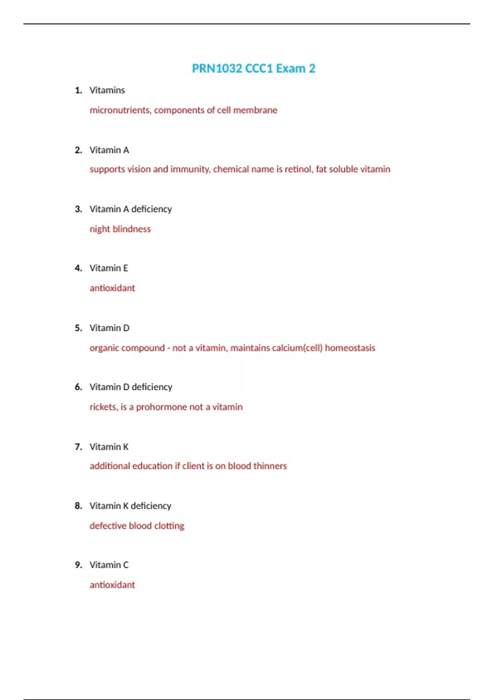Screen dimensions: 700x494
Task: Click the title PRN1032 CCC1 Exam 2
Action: [x=254, y=68]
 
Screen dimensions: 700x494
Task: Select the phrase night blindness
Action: [x=120, y=229]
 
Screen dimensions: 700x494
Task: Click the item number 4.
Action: [x=78, y=268]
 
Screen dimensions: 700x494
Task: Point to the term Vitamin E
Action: [x=109, y=268]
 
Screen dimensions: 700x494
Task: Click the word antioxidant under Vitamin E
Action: [x=112, y=288]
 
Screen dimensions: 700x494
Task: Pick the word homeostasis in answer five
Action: [x=350, y=348]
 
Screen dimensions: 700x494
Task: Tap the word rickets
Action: [x=103, y=407]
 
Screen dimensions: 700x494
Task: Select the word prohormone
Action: [x=161, y=407]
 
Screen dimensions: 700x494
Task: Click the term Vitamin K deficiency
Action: [x=130, y=506]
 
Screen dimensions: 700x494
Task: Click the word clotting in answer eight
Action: [x=169, y=526]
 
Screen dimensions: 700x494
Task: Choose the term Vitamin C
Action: [x=109, y=565]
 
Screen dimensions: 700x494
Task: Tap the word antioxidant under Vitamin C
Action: [x=112, y=585]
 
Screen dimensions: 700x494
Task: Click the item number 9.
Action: [x=78, y=565]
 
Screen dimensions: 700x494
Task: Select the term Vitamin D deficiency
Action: [x=131, y=387]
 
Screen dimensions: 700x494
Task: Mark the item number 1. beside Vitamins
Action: [x=78, y=91]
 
